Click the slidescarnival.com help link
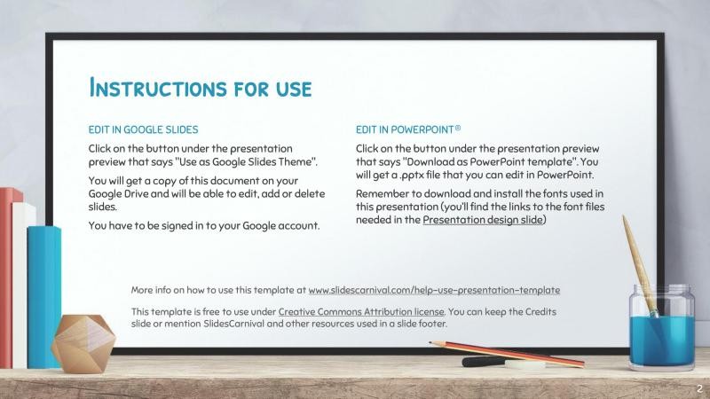[x=434, y=290]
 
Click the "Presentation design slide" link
[x=483, y=220]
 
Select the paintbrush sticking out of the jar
[x=642, y=262]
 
